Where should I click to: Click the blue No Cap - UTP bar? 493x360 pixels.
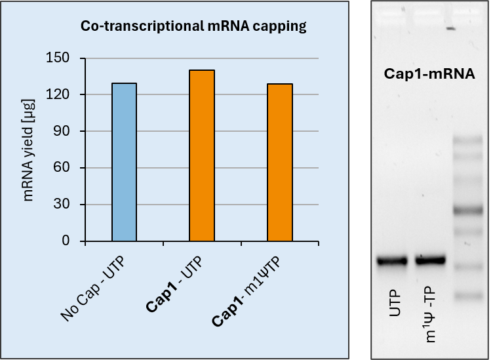124,163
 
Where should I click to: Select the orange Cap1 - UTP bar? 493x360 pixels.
202,156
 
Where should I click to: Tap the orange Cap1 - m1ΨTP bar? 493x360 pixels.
280,163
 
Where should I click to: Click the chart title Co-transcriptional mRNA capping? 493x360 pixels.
193,27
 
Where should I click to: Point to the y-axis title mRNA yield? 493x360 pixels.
30,150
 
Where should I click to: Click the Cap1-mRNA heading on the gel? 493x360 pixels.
429,74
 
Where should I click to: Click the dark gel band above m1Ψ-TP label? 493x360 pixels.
430,260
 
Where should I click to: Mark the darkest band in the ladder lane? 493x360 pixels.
468,210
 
